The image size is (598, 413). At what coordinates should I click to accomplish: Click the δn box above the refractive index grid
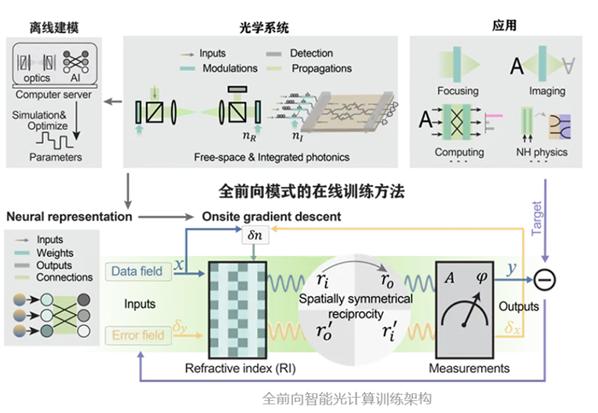pos(255,235)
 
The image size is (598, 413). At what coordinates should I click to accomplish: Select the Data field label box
pos(138,271)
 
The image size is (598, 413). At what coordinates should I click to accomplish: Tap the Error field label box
pos(138,335)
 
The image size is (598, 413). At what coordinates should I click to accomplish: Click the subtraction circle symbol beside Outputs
pos(545,281)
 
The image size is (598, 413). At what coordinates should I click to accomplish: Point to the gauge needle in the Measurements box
pos(472,309)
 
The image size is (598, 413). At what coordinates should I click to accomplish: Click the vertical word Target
pos(536,218)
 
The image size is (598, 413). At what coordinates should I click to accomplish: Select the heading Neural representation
pos(69,217)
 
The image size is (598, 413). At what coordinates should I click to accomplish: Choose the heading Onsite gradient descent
pos(272,217)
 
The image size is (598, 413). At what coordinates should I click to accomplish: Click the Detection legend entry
pos(299,54)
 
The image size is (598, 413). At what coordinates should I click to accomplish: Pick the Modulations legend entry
pos(219,68)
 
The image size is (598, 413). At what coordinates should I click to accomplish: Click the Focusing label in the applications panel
pos(458,90)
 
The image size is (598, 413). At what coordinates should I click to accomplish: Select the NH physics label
pos(542,152)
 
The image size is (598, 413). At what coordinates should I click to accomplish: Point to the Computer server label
pos(53,95)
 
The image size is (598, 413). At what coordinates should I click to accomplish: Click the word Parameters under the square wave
pos(56,157)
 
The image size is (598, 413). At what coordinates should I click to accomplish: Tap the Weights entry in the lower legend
pos(55,253)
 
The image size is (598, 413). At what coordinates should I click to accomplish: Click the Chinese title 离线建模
pos(54,27)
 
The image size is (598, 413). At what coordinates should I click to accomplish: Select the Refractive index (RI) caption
pos(240,369)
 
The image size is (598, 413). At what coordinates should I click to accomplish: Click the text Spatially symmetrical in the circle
pos(355,299)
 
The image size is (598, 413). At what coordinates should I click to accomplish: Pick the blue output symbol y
pos(512,269)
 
